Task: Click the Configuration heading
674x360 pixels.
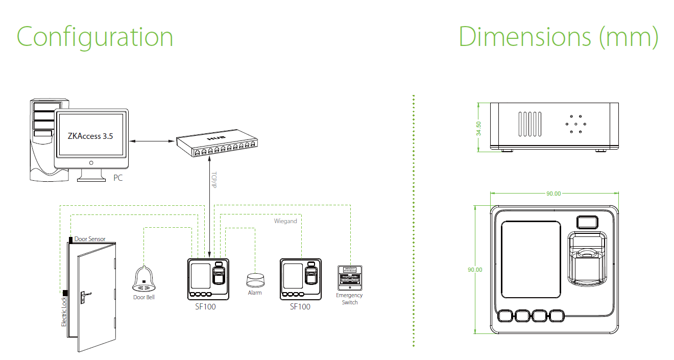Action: coord(95,37)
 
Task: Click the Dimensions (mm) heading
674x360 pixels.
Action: coord(558,37)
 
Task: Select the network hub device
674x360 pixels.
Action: coord(215,145)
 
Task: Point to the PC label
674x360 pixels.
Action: coord(118,178)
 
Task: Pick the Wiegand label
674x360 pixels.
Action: coord(285,221)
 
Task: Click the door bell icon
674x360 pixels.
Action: coord(144,279)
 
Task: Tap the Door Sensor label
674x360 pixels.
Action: coord(90,238)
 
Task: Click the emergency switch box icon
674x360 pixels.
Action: coord(350,278)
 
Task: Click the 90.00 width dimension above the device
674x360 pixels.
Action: coord(553,194)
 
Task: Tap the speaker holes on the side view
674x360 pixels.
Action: coord(575,124)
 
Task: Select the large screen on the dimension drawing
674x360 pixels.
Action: coord(532,259)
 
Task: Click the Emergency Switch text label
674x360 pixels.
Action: coord(350,299)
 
